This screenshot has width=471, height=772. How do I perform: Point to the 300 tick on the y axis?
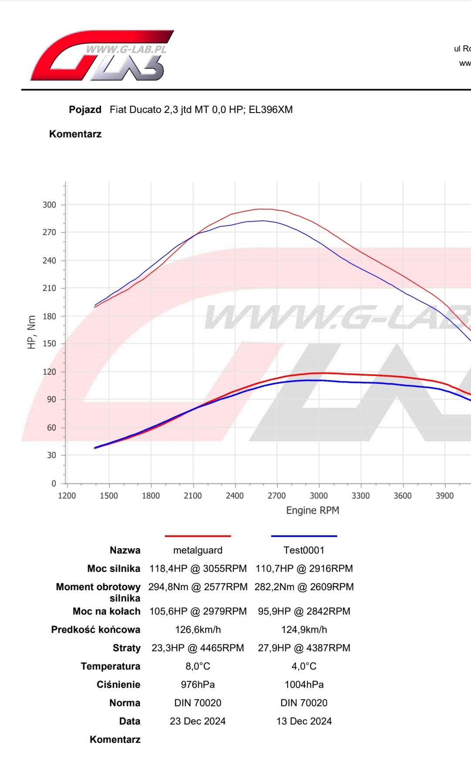click(49, 205)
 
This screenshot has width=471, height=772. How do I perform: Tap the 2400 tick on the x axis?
click(235, 495)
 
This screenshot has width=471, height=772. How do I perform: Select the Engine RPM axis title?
click(312, 510)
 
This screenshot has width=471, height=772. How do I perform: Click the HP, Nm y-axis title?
click(31, 332)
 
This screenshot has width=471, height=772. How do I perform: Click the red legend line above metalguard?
click(198, 536)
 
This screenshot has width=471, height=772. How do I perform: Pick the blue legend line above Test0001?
click(304, 536)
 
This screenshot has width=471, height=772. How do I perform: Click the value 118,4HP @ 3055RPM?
click(198, 568)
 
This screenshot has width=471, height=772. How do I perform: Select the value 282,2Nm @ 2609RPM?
click(304, 587)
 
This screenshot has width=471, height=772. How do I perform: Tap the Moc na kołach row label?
click(106, 611)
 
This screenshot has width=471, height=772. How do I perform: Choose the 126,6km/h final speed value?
click(198, 629)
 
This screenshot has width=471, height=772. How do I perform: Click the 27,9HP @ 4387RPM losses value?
click(304, 648)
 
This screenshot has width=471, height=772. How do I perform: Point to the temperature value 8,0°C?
click(198, 666)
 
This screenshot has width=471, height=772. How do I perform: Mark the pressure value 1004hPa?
click(304, 684)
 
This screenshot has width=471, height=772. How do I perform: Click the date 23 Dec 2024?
click(198, 721)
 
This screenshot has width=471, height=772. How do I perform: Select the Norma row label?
click(125, 703)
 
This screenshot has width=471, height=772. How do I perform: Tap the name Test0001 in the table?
click(304, 550)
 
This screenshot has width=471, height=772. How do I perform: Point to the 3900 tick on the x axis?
click(444, 495)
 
